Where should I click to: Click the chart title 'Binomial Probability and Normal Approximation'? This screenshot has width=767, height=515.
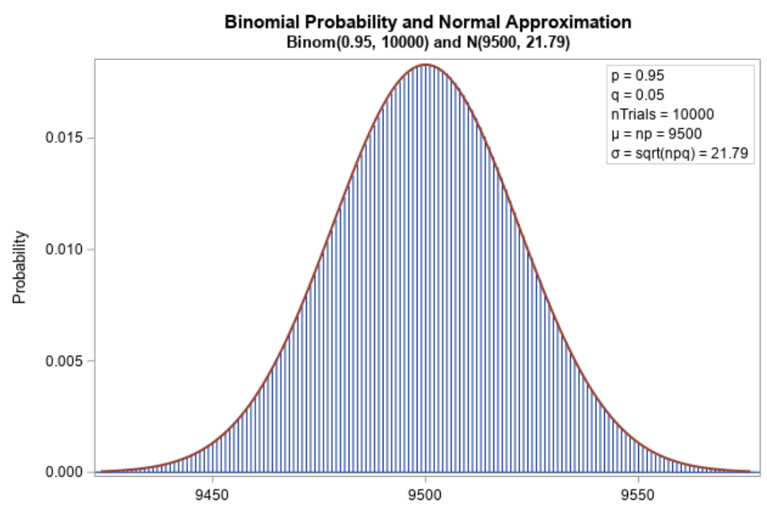(428, 22)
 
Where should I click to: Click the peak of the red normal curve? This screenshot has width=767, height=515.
(425, 65)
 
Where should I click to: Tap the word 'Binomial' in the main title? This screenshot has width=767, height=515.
(260, 22)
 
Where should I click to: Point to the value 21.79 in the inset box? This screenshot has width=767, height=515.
(731, 153)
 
